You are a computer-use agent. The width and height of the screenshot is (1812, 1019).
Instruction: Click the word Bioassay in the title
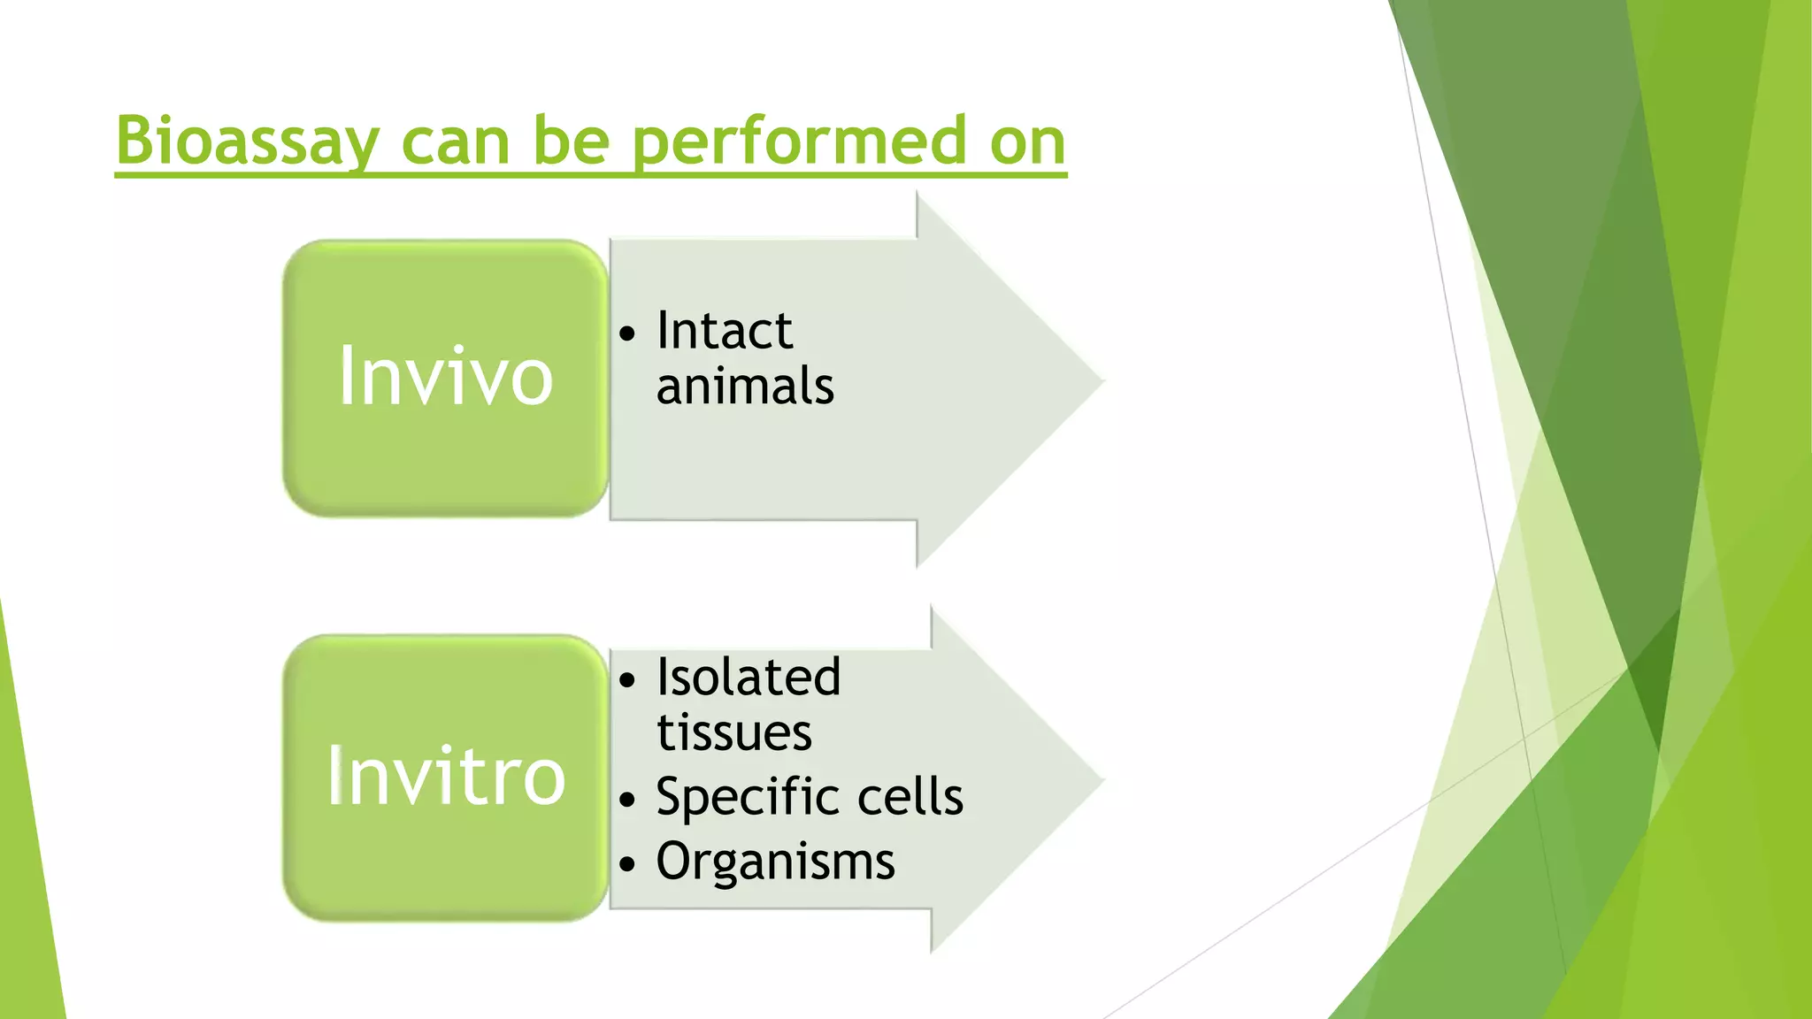coord(248,142)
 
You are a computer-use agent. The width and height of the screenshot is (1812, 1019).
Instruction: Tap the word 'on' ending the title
coord(1027,142)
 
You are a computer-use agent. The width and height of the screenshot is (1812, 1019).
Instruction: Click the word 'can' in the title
coord(455,142)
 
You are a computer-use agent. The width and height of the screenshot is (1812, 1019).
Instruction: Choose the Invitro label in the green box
coord(446,777)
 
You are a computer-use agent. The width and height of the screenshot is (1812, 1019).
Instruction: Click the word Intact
coord(724,331)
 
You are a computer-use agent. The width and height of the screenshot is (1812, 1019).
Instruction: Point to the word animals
coord(745,387)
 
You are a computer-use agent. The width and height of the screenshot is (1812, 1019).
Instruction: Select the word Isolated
coord(749,678)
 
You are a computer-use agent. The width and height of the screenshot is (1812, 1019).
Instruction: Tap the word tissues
coord(734,733)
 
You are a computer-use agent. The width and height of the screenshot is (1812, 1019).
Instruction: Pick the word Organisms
coord(775,861)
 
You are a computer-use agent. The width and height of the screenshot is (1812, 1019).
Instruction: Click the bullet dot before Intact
coord(627,335)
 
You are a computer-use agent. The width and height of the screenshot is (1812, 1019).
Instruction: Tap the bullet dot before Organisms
coord(627,864)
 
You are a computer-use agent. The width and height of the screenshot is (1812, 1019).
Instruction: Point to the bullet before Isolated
coord(627,681)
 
